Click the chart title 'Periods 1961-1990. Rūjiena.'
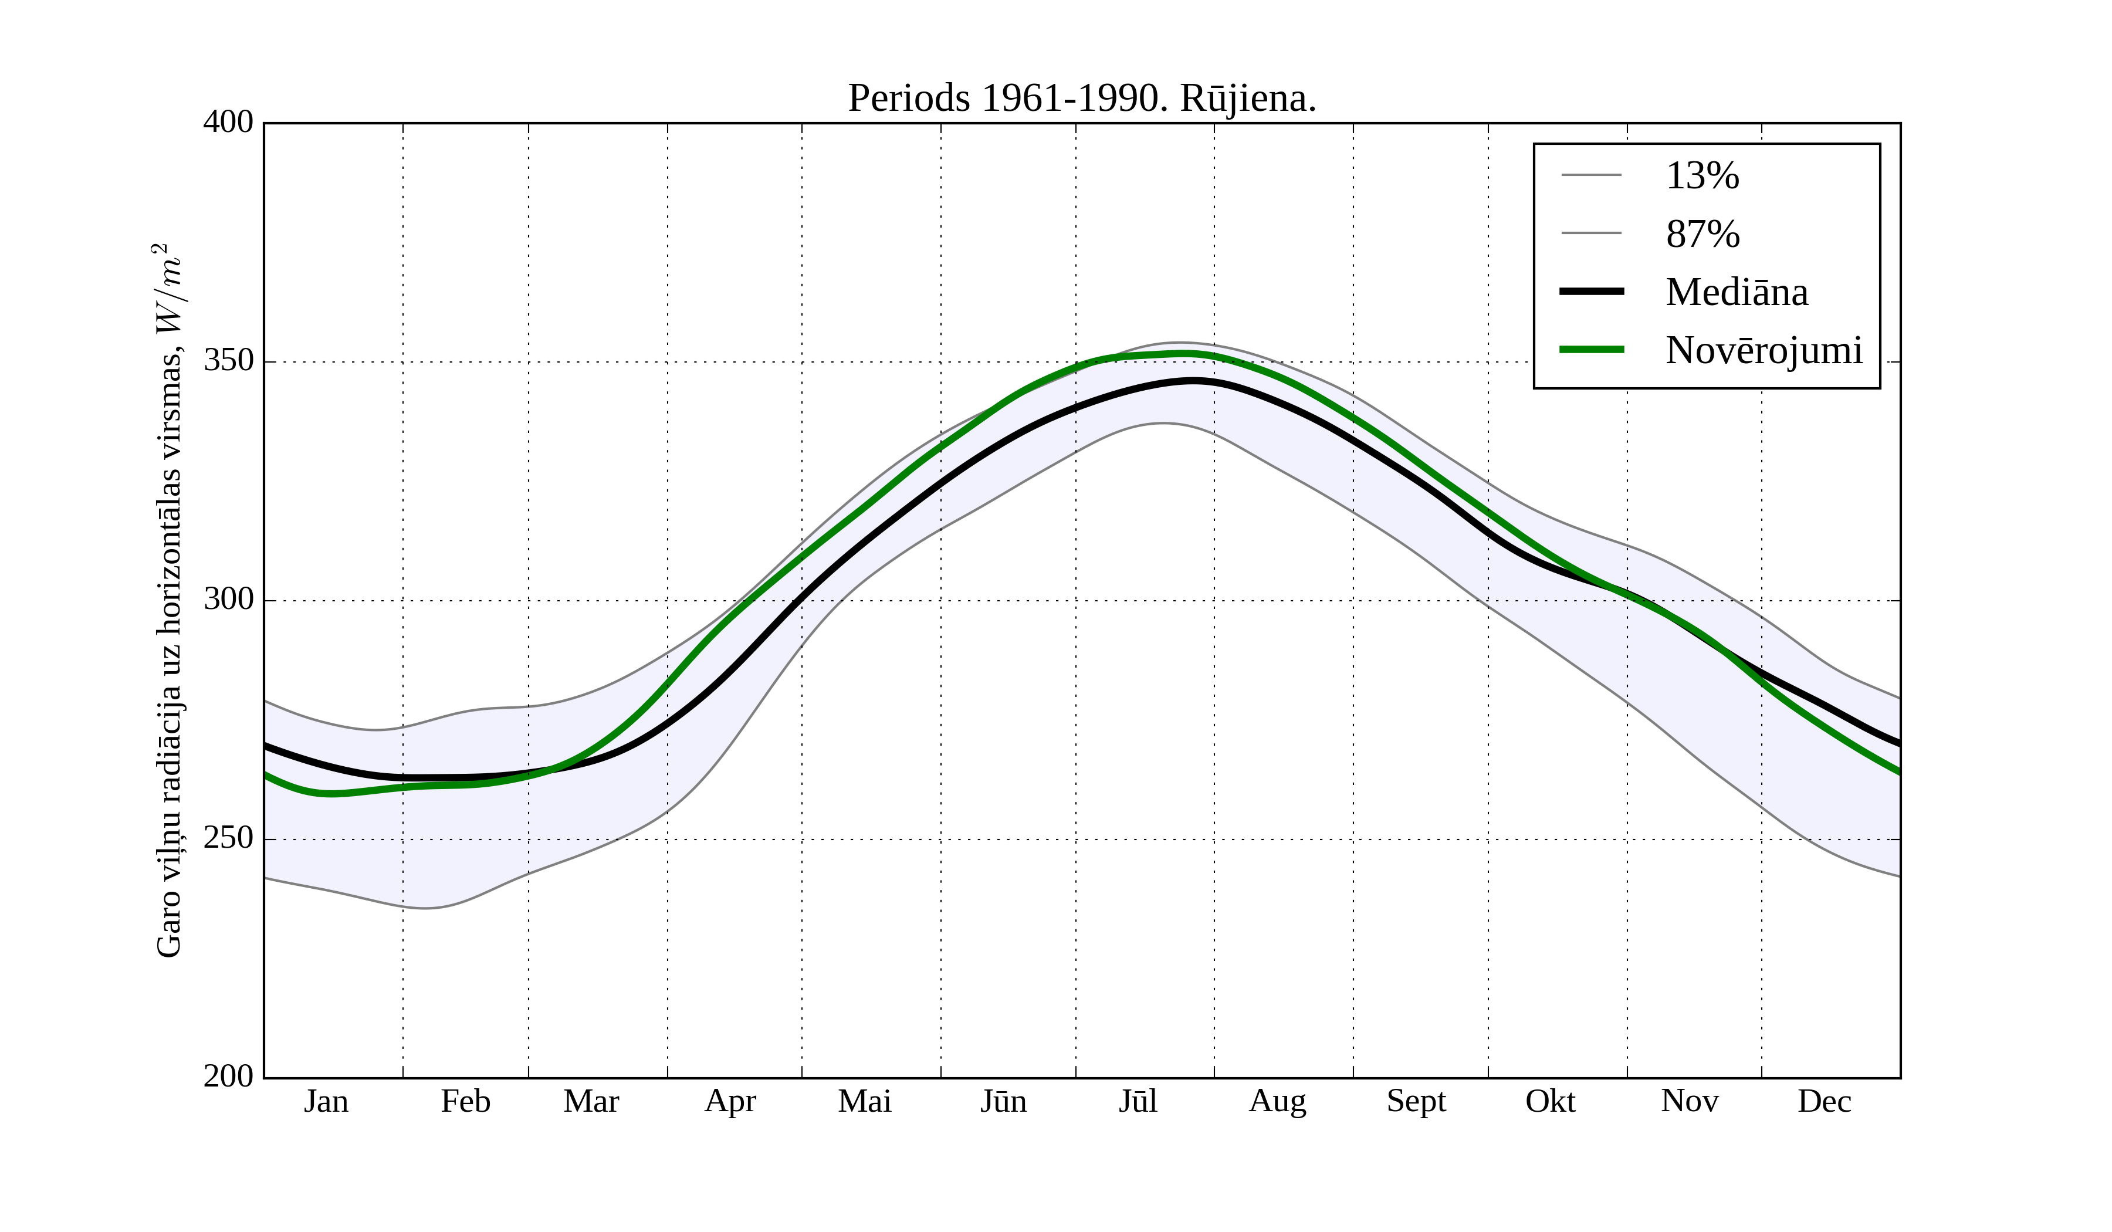click(1082, 99)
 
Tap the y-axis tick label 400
click(228, 123)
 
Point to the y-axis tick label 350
click(228, 361)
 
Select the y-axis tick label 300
click(228, 600)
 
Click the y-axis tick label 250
click(228, 838)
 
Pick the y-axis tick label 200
click(228, 1076)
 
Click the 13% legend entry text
click(1702, 176)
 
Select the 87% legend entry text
click(1702, 234)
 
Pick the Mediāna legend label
click(1737, 293)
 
